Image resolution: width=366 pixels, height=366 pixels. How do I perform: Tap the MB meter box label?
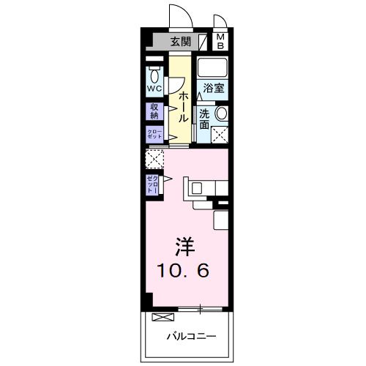(x=220, y=42)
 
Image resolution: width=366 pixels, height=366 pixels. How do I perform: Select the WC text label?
(x=154, y=89)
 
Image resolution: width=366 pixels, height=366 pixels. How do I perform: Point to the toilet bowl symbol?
(x=154, y=75)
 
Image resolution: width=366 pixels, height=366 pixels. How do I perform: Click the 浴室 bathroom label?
(x=214, y=88)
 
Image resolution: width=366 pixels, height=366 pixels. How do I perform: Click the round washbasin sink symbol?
(x=220, y=113)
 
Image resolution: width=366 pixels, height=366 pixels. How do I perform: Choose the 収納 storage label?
(x=154, y=111)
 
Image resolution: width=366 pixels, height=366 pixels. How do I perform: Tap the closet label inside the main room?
(x=153, y=184)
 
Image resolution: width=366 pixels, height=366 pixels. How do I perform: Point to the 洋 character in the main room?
(x=184, y=246)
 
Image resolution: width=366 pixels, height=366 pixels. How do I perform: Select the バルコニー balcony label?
(x=190, y=337)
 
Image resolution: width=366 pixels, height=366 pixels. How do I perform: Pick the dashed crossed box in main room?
(x=154, y=158)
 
